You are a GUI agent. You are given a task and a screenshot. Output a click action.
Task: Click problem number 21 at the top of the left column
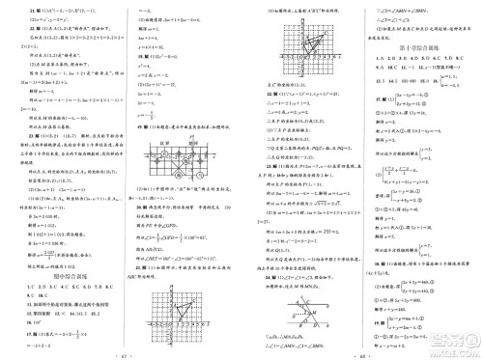coord(11,8)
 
